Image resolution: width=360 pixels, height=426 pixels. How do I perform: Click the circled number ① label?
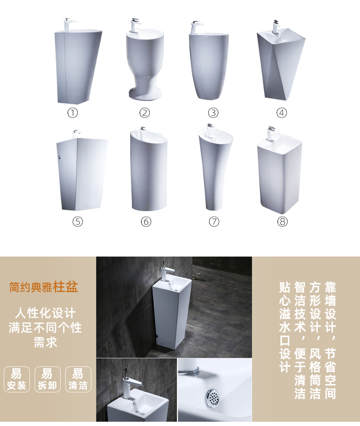(72, 113)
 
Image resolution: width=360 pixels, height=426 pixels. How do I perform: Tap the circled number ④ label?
(281, 113)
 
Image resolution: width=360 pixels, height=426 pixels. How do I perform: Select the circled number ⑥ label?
(146, 222)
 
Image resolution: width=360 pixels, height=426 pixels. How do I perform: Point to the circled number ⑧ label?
(282, 222)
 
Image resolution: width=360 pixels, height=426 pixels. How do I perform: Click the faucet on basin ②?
(135, 26)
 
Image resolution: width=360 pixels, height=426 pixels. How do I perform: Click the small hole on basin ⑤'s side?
(59, 157)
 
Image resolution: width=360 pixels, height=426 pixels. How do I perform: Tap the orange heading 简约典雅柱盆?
(44, 287)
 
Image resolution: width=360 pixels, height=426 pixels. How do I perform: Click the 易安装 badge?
(17, 379)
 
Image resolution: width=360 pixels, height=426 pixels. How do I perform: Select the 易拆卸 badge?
(47, 379)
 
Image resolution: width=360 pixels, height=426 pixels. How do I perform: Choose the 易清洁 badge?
(78, 379)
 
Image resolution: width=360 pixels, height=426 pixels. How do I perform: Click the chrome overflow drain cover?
(213, 398)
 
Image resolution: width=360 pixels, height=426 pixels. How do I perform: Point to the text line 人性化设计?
(45, 313)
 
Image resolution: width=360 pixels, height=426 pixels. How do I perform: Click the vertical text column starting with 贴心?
(285, 327)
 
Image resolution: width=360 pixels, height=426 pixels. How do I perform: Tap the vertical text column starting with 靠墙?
(330, 340)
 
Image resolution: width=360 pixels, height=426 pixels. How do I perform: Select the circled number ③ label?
(214, 113)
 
